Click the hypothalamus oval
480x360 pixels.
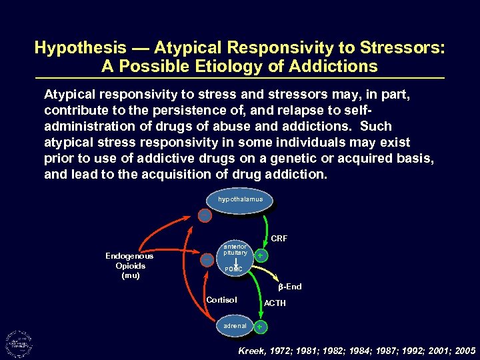[240, 199]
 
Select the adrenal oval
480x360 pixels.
[235, 326]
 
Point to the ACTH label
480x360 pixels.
[275, 303]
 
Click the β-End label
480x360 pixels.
[289, 287]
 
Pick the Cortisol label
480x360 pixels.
[221, 300]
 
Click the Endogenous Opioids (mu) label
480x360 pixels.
[129, 265]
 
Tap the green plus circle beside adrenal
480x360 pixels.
[261, 327]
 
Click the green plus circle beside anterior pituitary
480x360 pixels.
[262, 256]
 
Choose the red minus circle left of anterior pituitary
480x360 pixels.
[207, 259]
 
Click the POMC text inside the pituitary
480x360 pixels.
[233, 269]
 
